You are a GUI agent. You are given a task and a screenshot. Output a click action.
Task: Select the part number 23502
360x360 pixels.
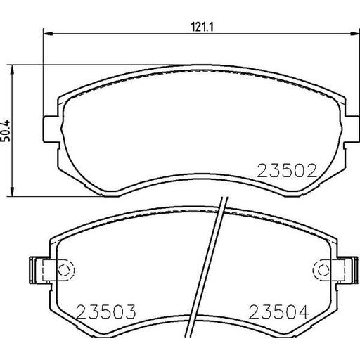(288, 170)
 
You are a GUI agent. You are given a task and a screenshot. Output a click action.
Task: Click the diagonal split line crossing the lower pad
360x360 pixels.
(212, 253)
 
